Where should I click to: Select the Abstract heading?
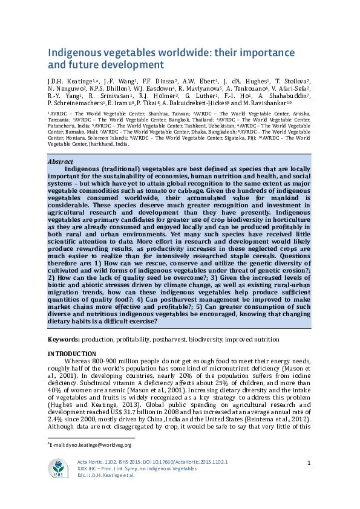tap(62, 162)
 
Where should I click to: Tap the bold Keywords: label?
tap(64, 340)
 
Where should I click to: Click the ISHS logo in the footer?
tap(59, 467)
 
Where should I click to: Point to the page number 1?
tap(309, 463)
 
